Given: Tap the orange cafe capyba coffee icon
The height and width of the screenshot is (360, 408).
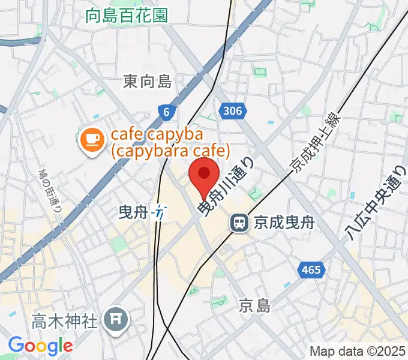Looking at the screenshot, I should [x=91, y=140].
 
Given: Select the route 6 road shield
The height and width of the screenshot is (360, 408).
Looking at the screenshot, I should [x=166, y=110].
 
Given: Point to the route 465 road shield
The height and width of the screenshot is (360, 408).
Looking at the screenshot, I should [x=311, y=269].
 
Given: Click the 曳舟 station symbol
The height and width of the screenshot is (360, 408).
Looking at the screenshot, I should [x=159, y=211].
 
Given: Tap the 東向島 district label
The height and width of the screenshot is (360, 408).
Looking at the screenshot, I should [x=148, y=81].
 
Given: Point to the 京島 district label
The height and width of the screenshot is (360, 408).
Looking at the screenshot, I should [x=253, y=305].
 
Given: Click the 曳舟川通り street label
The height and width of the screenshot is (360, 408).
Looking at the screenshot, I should [x=226, y=183].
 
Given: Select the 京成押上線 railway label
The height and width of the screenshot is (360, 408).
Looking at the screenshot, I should [x=316, y=143].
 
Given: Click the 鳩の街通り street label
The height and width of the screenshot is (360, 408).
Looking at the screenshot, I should [x=52, y=192].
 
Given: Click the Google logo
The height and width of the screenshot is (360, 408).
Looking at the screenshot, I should [x=40, y=346].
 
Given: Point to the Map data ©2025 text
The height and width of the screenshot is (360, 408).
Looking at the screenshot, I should [x=357, y=351].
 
